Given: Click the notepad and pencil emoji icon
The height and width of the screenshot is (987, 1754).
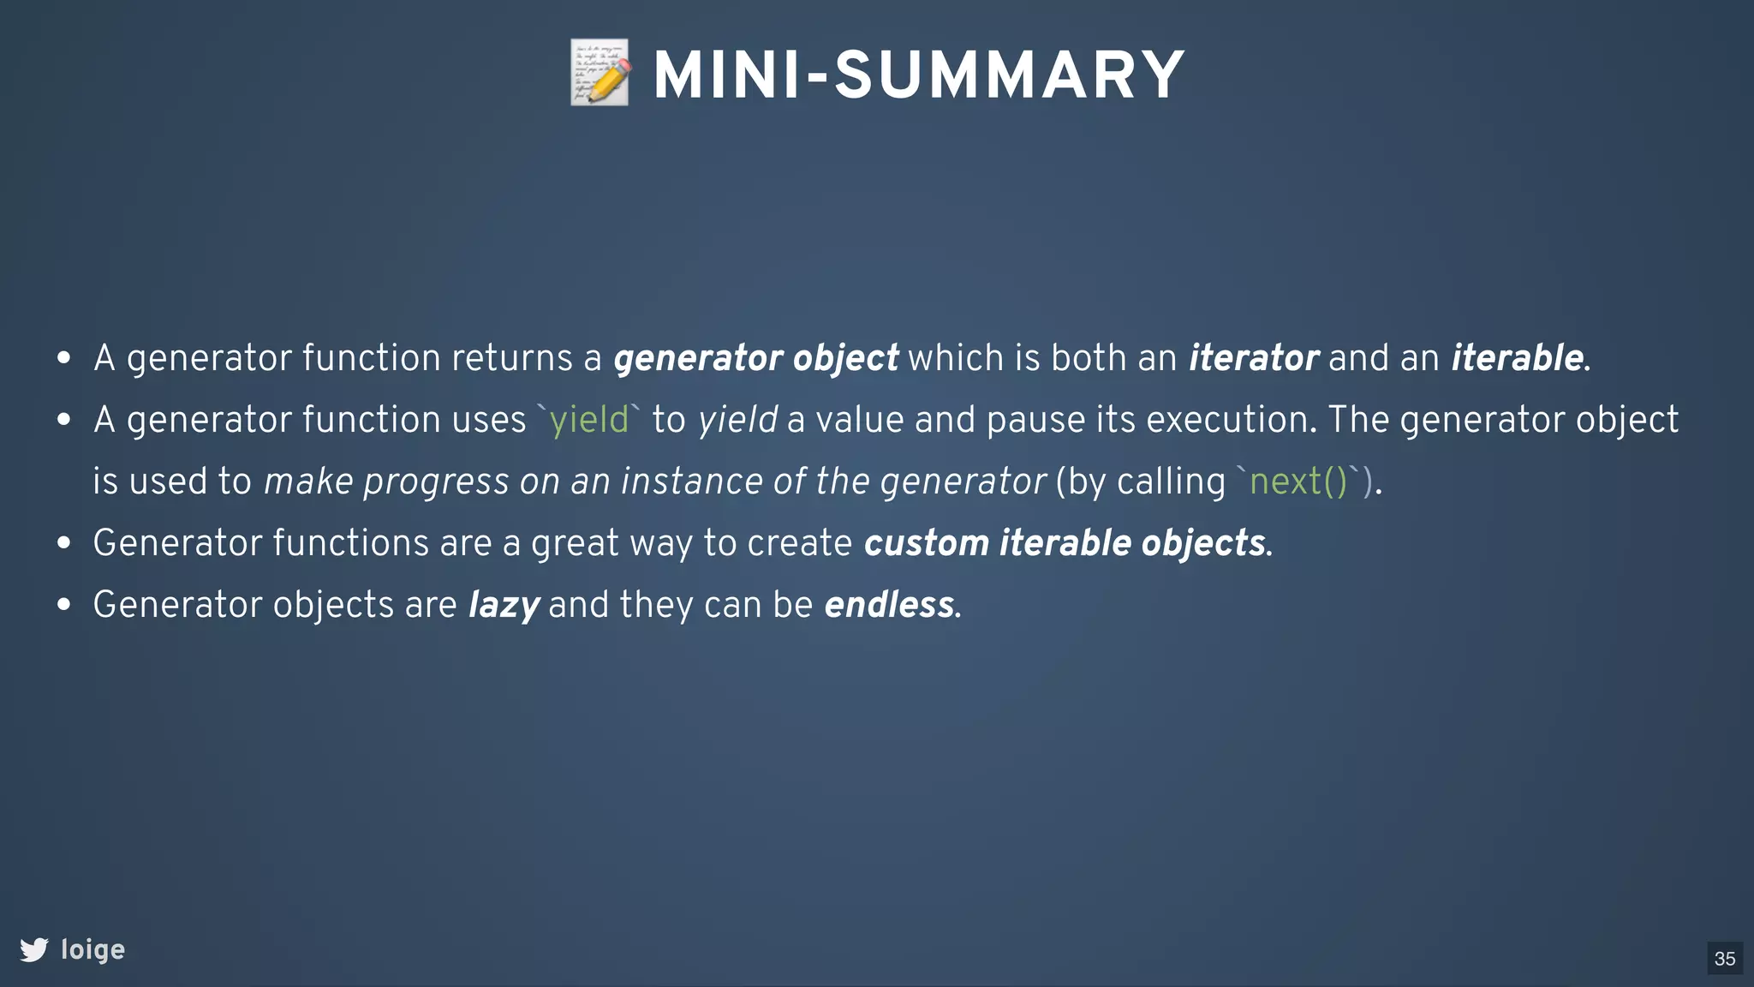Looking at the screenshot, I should tap(600, 74).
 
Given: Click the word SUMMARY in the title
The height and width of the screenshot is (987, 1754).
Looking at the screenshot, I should tap(1010, 75).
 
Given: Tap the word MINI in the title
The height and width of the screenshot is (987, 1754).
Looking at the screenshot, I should tap(728, 75).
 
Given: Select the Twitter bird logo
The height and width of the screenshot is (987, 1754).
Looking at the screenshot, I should tap(34, 949).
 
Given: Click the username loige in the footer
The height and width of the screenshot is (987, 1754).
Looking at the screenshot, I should tap(92, 949).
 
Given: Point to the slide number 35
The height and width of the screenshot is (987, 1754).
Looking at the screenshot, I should tap(1725, 958).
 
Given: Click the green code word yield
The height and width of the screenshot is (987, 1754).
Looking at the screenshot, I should tap(588, 420).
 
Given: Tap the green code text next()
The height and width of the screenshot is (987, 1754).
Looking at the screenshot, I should tap(1298, 482).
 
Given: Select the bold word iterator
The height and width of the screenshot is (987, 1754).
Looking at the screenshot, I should tap(1253, 358).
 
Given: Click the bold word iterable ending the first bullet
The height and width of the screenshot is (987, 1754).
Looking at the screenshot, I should tap(1517, 358).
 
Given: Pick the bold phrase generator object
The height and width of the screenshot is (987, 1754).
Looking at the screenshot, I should tap(755, 358).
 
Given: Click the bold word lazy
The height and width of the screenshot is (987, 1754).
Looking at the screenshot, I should tap(504, 605).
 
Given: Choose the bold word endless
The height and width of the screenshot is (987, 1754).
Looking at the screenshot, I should tap(889, 605).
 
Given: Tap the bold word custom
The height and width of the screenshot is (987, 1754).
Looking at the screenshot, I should tap(926, 543).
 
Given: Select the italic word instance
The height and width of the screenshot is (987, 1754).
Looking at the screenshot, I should tap(692, 482).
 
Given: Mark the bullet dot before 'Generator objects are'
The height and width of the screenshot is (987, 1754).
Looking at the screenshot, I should tap(63, 605).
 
